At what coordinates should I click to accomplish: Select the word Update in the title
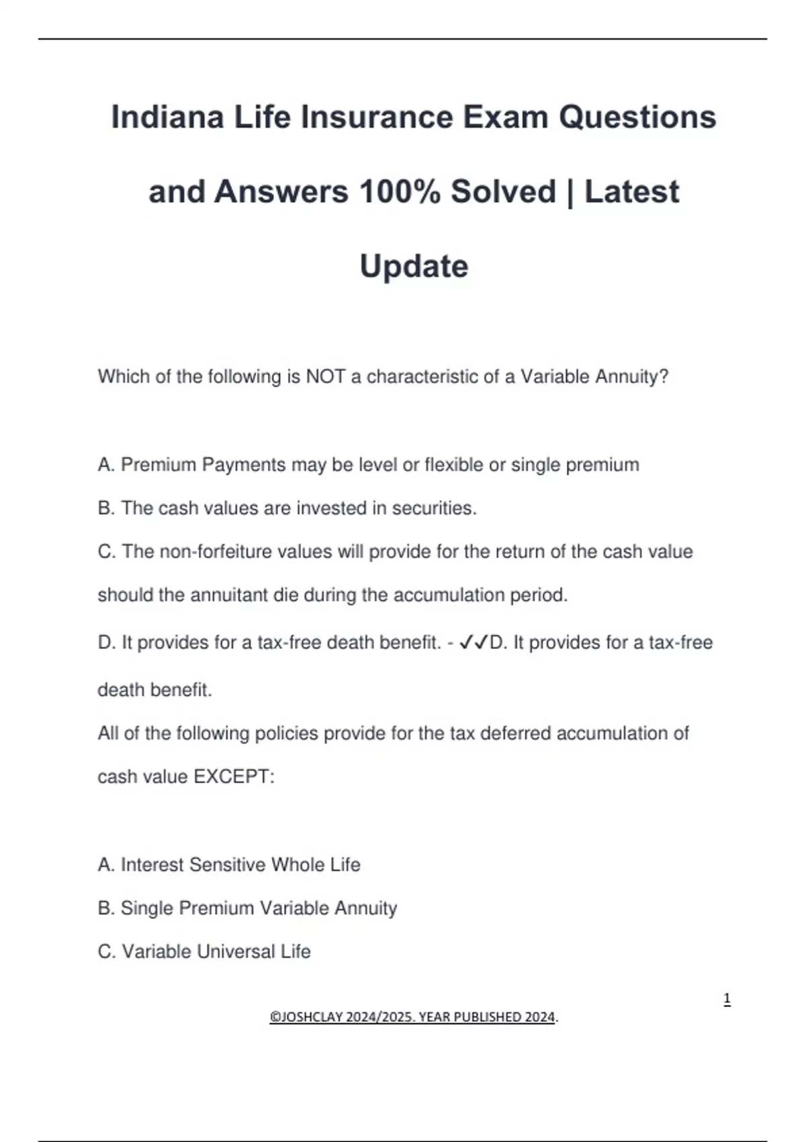(x=414, y=267)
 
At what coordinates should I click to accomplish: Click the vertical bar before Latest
(x=570, y=192)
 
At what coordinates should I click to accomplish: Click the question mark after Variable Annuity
(x=664, y=376)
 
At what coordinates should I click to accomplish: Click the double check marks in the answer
(x=474, y=643)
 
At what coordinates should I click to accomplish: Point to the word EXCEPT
(x=234, y=777)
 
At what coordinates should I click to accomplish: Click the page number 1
(x=727, y=999)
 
